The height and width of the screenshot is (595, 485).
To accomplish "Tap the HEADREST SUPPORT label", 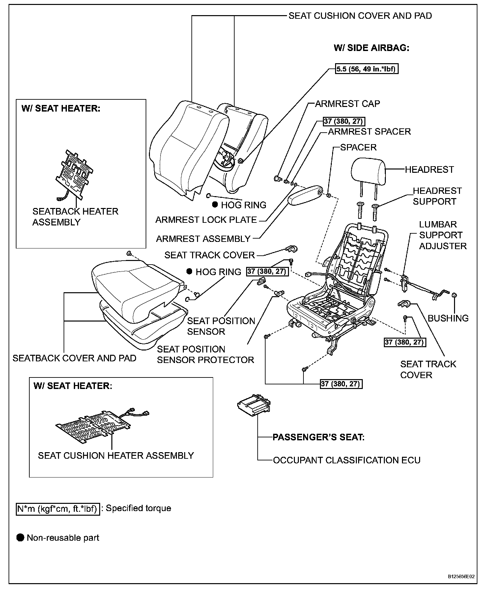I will coord(437,196).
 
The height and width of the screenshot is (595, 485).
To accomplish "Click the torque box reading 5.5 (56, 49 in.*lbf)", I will coord(367,69).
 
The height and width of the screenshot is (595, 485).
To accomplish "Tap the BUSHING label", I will coord(448,318).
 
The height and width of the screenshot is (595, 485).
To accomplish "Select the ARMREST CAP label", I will coord(347,104).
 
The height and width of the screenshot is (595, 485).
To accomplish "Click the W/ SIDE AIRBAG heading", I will coord(371,48).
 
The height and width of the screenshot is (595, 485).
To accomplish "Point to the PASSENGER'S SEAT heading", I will coord(319,437).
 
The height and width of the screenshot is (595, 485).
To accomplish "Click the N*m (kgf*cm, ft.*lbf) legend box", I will coord(58,508).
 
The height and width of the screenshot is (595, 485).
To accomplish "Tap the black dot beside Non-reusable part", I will coord(21,538).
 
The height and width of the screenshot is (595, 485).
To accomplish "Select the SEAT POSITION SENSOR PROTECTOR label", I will coord(205,354).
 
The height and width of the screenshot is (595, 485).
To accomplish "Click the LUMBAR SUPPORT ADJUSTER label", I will coord(442,235).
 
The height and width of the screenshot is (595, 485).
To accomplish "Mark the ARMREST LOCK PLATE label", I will coord(206,220).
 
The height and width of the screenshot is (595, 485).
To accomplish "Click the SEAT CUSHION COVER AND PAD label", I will coord(360,16).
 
